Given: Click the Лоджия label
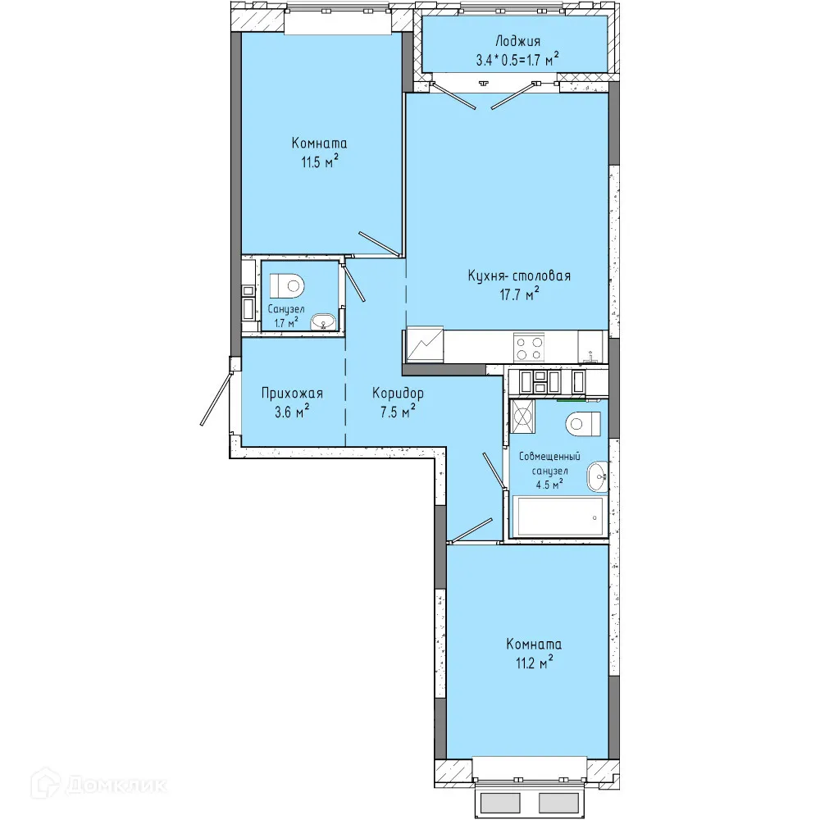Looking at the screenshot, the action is point(517,41).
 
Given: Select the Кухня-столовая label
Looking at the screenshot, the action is point(519,276).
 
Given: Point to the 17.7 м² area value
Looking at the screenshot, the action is point(519,294).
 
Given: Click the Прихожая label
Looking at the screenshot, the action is point(293,393).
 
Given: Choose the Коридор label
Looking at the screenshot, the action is point(398,393).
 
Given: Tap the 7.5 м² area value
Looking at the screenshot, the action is point(398,412).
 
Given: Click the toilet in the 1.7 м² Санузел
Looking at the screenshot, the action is point(287,285).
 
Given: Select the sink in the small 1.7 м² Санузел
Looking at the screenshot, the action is point(324,322).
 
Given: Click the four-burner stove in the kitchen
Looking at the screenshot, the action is point(529,347).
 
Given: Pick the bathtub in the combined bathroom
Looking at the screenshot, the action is point(559,517).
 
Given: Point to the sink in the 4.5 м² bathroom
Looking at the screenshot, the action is point(598,476).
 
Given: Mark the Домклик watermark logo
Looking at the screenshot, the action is point(98,784).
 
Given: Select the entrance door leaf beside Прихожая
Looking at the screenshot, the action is point(216,398).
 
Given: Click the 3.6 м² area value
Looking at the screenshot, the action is point(292,412).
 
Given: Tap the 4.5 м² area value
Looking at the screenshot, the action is point(549,484).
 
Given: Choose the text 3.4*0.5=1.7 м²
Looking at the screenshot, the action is point(517,60).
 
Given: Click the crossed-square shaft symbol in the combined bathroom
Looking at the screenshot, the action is point(522,417).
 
